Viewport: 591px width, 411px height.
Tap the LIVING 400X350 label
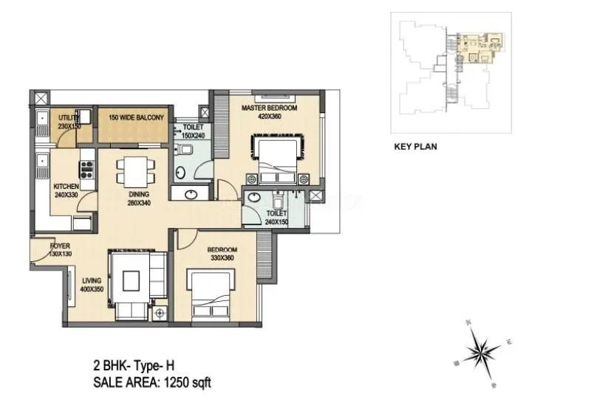92,285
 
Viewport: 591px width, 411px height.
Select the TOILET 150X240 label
194,131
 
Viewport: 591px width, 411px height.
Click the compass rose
482,349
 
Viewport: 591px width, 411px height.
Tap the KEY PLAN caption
415,147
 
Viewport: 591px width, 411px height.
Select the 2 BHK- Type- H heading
133,365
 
